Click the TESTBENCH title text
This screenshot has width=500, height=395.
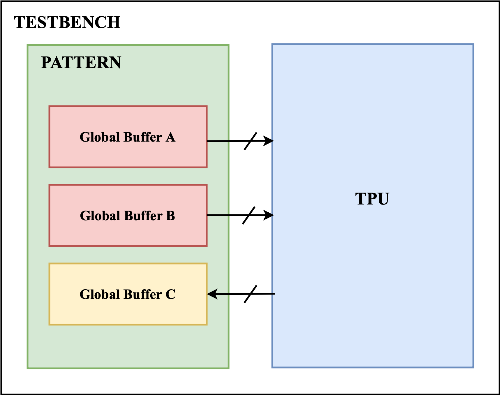67,22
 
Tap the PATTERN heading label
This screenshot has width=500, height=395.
81,63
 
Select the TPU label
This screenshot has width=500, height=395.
372,199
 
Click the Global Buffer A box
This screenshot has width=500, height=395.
128,154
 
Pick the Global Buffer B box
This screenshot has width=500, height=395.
128,233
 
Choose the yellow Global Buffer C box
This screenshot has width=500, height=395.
128,312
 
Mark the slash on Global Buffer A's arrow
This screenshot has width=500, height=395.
250,141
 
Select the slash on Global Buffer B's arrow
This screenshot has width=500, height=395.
249,215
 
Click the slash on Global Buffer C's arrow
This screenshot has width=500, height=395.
250,294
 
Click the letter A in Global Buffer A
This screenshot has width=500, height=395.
170,137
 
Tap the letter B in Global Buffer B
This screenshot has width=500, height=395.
170,216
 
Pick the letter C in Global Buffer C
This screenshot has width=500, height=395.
170,295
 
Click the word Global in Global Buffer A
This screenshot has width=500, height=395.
96,137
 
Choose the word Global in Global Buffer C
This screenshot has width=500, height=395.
96,295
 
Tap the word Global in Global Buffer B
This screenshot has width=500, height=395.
96,216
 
